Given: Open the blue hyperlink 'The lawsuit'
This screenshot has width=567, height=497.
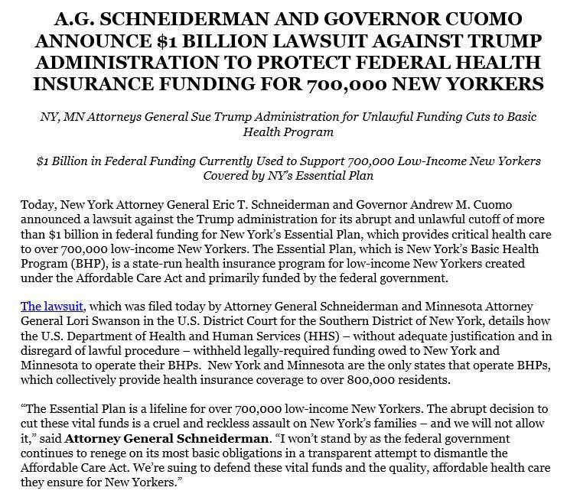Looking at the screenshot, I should [x=51, y=306].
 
